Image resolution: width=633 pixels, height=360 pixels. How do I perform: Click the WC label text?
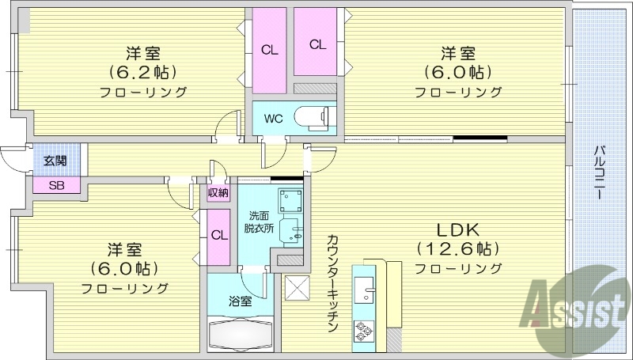(273, 119)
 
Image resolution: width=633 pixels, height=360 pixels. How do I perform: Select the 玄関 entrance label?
(55, 161)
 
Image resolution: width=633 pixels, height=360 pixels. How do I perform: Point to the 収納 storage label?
(218, 192)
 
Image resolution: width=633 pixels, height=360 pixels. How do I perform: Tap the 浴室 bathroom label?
(241, 301)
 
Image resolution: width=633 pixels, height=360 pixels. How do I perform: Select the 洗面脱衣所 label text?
(259, 222)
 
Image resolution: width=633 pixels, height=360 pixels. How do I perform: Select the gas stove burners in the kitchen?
(365, 332)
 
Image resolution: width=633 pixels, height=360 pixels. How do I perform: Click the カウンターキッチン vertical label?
(332, 282)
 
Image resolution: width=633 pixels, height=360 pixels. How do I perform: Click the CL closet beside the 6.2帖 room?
(270, 50)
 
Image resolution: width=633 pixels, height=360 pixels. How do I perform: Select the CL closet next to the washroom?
(219, 235)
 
